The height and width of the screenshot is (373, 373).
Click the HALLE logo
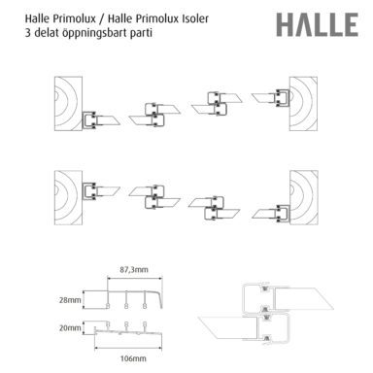318,24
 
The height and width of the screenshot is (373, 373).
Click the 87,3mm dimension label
134,269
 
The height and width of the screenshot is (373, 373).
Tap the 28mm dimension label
70,300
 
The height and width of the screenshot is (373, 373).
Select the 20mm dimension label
70,328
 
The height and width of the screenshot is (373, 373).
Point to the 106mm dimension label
133,358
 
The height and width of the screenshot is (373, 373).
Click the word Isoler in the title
193,18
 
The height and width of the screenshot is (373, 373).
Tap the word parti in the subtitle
142,33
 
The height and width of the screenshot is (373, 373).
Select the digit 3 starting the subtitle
28,33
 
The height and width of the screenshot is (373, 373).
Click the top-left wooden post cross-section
68,104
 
